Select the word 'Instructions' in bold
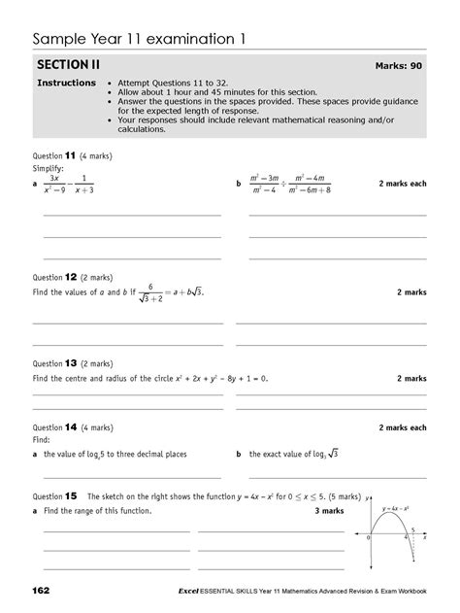coord(66,84)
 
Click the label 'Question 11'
coord(54,154)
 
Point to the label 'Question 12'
coord(54,276)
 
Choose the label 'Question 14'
coord(54,427)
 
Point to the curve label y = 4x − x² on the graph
coord(391,507)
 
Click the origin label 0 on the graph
coord(370,536)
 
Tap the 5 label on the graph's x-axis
coord(411,528)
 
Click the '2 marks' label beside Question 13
coord(411,378)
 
